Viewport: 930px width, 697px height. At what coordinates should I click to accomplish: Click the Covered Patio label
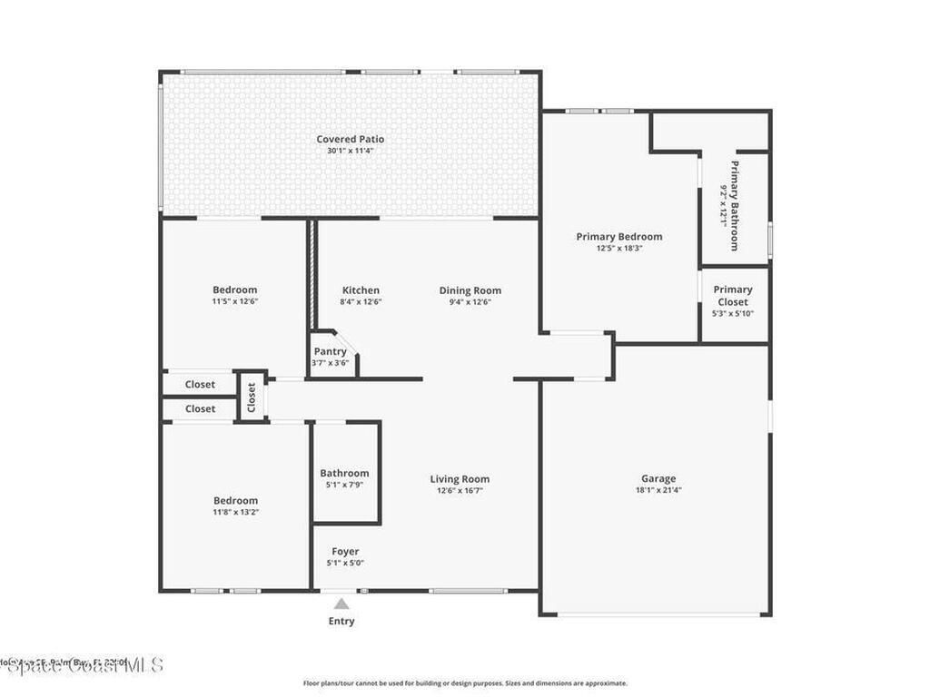[350, 139]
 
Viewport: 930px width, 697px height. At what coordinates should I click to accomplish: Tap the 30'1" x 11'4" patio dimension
[350, 151]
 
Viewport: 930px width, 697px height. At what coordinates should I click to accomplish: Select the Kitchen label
[361, 290]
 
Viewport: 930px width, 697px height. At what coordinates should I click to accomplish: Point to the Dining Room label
[470, 290]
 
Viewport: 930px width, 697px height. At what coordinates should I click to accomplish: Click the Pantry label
[330, 351]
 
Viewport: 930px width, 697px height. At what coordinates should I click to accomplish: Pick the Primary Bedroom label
[619, 236]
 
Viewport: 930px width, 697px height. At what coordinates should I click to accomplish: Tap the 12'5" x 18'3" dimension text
[619, 248]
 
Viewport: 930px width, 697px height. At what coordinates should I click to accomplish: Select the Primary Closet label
[733, 296]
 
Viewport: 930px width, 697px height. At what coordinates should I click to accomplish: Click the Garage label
[658, 478]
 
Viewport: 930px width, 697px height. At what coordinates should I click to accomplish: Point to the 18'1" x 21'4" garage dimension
[658, 490]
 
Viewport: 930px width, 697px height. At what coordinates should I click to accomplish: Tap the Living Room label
[460, 479]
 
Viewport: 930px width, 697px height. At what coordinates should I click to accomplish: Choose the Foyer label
[345, 551]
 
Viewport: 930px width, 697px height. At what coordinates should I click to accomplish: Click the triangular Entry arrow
[341, 604]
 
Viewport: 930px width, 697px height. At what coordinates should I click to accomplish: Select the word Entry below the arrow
[341, 622]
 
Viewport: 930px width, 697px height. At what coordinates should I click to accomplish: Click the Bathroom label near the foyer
[344, 473]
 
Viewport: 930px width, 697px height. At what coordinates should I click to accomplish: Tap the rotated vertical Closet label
[252, 397]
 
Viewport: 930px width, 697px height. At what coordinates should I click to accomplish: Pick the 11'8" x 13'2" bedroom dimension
[235, 512]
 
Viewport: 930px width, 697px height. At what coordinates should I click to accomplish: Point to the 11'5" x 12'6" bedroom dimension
[235, 301]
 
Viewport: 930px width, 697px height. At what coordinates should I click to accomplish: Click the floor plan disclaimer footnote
[464, 683]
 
